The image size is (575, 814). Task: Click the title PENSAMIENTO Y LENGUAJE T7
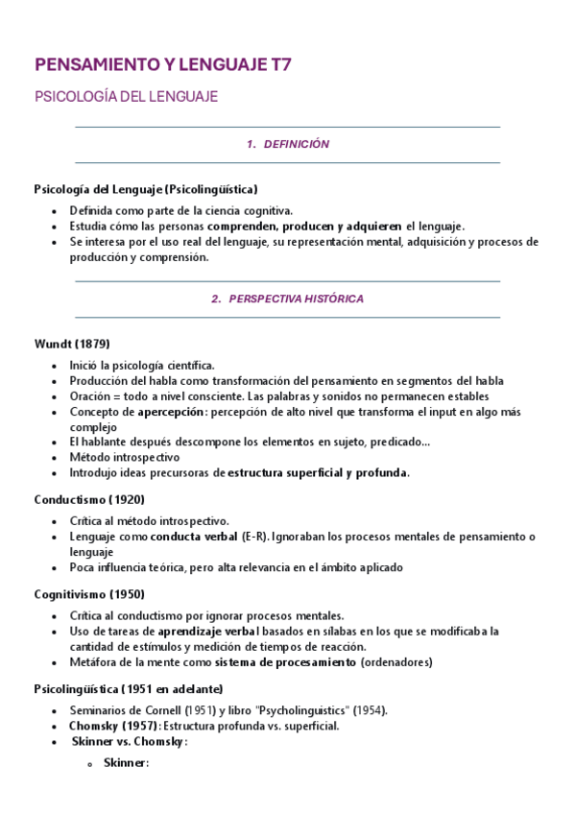[162, 65]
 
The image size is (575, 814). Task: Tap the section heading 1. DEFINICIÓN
[287, 144]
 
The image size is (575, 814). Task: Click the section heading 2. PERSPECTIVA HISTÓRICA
[287, 299]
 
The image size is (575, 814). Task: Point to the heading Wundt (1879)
[72, 343]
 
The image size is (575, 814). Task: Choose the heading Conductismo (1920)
[88, 499]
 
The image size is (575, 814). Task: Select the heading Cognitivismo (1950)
[90, 594]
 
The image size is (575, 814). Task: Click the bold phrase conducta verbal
[195, 536]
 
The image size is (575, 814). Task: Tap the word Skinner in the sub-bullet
[126, 763]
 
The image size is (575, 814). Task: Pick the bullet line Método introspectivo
[124, 457]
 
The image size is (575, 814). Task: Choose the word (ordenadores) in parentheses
[396, 661]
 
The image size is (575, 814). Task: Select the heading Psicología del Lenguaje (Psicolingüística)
[146, 189]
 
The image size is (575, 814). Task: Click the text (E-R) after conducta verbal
[254, 536]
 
